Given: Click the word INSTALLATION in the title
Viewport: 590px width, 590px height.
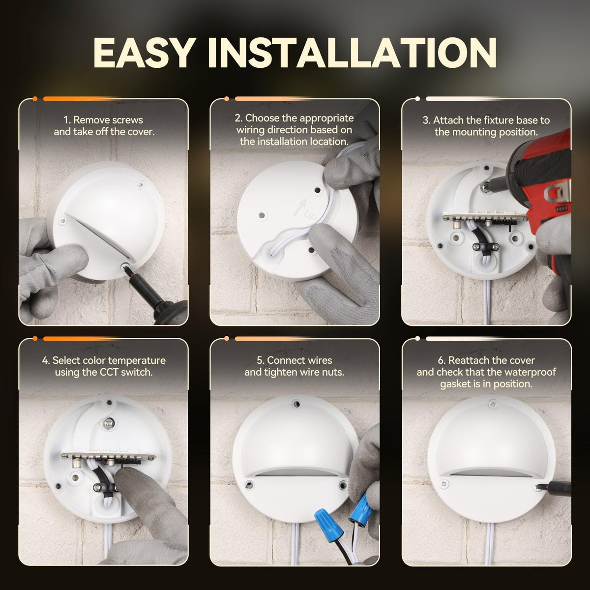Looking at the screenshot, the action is (352, 53).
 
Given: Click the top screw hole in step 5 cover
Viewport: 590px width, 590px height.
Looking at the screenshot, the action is (296, 404).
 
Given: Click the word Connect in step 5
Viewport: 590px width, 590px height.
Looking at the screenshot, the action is (284, 360).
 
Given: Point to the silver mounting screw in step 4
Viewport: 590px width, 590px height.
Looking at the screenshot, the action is (109, 423).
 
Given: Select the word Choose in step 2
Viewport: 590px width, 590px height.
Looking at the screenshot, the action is (259, 118).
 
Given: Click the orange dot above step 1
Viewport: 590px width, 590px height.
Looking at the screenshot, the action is (35, 99).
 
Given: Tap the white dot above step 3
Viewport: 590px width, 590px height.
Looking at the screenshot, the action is (417, 99).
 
